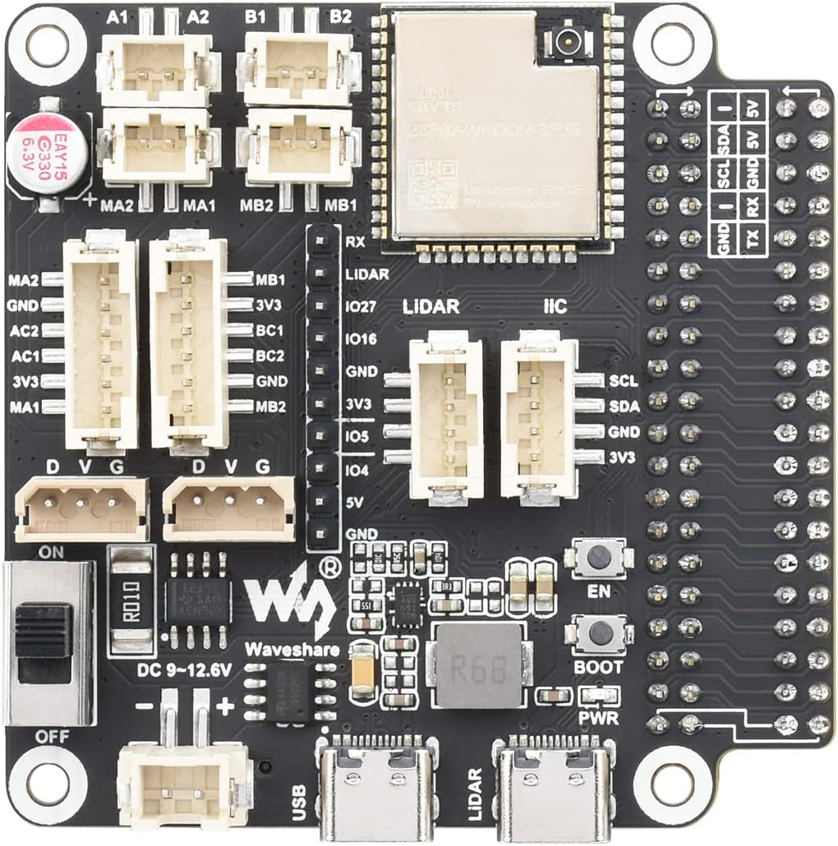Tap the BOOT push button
[599, 632]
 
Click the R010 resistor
[131, 603]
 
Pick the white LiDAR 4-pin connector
[445, 417]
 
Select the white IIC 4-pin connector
[537, 417]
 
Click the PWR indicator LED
[598, 696]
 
